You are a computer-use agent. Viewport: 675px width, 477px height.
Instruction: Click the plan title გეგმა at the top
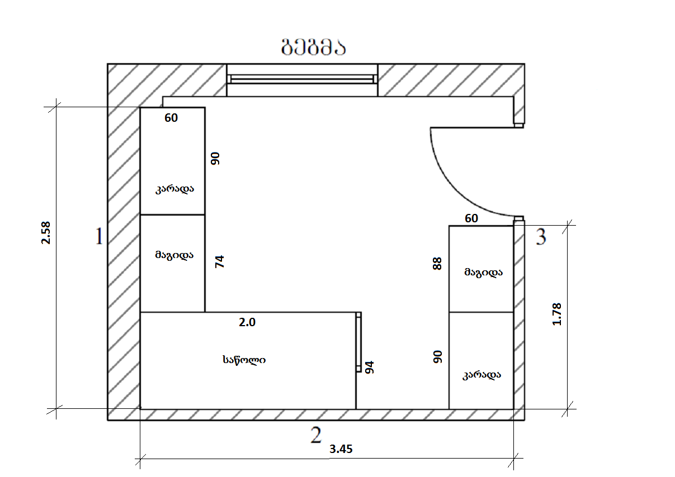(313, 48)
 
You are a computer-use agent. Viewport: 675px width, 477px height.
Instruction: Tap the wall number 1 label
(99, 236)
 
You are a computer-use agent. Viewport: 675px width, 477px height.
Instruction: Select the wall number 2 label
(316, 435)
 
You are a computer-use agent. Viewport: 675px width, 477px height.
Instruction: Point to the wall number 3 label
(541, 237)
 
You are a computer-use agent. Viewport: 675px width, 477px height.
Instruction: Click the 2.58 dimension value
(46, 233)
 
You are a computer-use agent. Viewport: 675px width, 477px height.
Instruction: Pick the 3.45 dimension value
(341, 449)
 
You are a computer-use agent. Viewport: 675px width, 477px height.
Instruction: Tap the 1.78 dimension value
(557, 314)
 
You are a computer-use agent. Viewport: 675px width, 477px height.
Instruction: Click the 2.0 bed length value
(247, 322)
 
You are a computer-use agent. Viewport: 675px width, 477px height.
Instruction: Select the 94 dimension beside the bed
(370, 367)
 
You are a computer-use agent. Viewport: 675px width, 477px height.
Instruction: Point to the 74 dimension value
(220, 261)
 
